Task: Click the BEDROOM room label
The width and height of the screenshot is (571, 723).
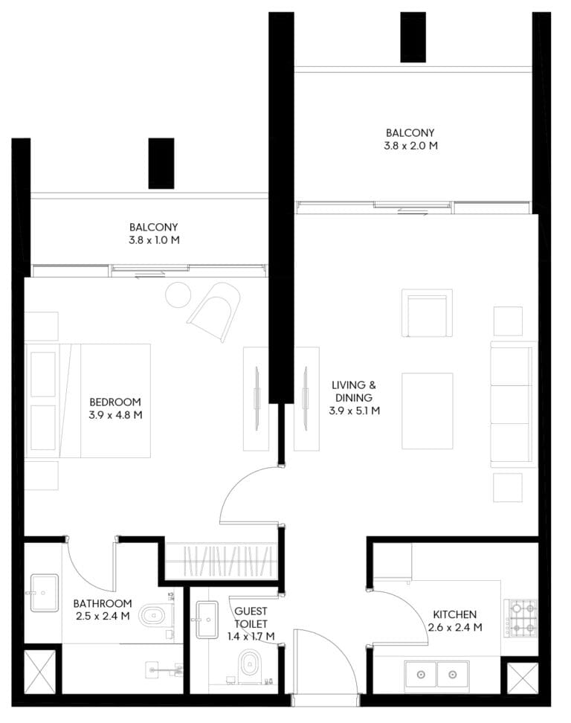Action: [115, 402]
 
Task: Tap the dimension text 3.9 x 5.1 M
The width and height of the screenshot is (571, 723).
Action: [355, 411]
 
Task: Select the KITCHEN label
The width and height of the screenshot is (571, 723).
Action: [455, 614]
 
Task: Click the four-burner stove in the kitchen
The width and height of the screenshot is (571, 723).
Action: [520, 618]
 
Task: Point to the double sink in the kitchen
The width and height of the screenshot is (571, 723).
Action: [437, 675]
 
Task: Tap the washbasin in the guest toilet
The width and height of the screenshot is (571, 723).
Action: [207, 620]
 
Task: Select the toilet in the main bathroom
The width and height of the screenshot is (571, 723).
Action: [156, 615]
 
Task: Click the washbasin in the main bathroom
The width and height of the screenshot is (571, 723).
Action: [45, 593]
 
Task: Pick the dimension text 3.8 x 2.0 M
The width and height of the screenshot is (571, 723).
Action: [410, 146]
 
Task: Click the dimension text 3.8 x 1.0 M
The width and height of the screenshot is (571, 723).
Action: [155, 240]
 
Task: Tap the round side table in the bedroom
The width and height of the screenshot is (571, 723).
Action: [178, 295]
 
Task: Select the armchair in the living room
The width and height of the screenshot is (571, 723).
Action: [427, 313]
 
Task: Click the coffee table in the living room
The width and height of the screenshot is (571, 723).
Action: [428, 411]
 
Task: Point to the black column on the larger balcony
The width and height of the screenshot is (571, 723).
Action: [413, 37]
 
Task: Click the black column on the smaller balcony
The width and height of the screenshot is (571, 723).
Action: [161, 163]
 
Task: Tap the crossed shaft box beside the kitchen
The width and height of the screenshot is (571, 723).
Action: [523, 678]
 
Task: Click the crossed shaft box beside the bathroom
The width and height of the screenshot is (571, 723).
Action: [39, 672]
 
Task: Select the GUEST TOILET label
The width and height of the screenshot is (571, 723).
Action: [251, 618]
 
